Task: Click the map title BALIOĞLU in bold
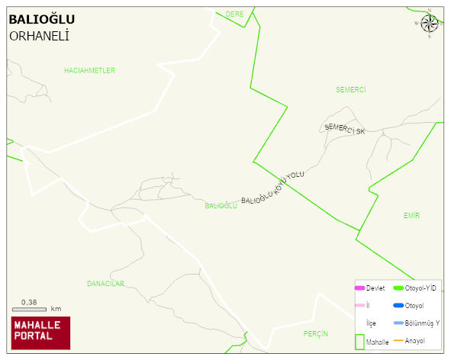click(41, 20)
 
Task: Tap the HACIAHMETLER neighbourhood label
click(89, 70)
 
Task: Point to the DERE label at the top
click(234, 14)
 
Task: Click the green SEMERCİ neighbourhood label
click(351, 89)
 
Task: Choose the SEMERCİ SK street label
click(345, 129)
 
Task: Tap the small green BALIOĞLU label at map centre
click(221, 206)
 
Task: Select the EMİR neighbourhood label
click(411, 216)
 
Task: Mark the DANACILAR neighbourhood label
click(105, 284)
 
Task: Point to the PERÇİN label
click(315, 334)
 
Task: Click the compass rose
click(429, 23)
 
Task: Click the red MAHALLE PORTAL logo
click(40, 333)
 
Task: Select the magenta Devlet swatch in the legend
click(359, 288)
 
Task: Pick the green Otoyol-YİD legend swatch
click(398, 288)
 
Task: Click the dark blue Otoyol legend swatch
click(398, 305)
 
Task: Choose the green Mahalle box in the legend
click(359, 341)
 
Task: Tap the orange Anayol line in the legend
click(398, 340)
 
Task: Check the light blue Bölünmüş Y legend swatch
click(398, 323)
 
